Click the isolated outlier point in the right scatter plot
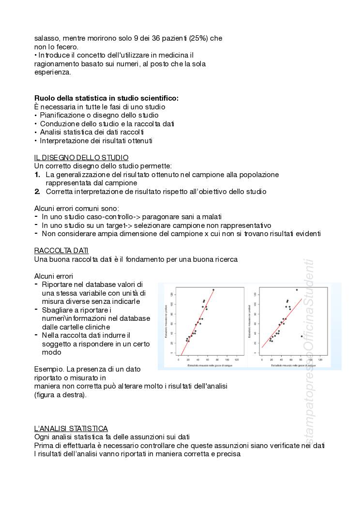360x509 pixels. point(301,336)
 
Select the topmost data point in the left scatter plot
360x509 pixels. point(213,289)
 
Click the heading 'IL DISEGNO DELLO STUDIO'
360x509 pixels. point(81,157)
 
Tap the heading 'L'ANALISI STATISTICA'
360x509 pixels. point(71,428)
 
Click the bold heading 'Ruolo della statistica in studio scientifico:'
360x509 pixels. point(106,98)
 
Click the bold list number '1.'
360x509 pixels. point(37,174)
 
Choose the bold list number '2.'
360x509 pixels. point(37,191)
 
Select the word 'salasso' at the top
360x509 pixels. point(46,38)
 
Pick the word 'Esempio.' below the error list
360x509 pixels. point(48,369)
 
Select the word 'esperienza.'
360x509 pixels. point(53,72)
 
